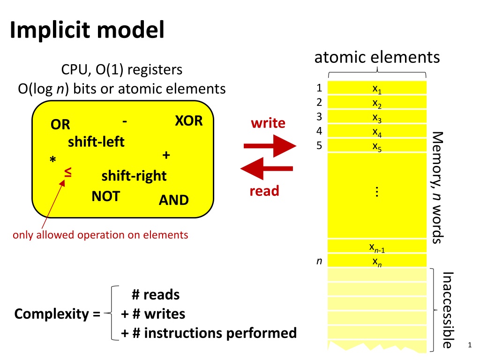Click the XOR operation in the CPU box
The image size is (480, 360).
click(188, 120)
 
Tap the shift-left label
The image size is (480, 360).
click(96, 142)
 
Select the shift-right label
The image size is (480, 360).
click(134, 176)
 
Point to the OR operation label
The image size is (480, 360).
click(61, 125)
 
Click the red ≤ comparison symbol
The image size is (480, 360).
click(68, 173)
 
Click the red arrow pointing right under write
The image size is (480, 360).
click(270, 147)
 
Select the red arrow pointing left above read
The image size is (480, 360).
click(266, 169)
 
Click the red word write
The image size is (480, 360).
click(268, 123)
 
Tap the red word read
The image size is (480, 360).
click(264, 191)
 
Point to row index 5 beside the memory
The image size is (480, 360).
click(319, 145)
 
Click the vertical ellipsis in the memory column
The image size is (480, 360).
click(377, 192)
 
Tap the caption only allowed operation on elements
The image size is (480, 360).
click(100, 235)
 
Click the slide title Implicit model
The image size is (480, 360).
click(87, 31)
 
